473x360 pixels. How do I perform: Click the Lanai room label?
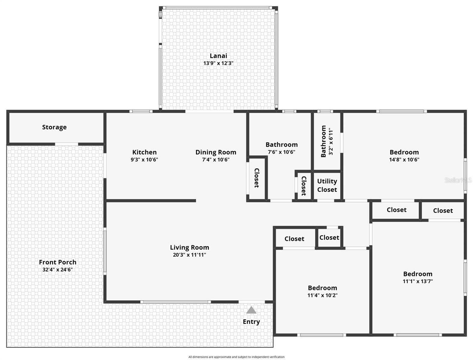(x=218, y=56)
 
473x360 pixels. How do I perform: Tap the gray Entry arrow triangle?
(x=251, y=310)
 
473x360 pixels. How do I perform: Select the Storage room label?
(x=54, y=127)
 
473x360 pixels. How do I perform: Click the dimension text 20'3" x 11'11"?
(x=189, y=255)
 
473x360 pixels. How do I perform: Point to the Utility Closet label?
(x=327, y=185)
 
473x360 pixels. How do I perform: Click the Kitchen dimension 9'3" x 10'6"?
(x=144, y=160)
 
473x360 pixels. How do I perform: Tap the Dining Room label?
(x=216, y=152)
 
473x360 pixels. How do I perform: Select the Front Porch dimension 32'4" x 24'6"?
(x=57, y=270)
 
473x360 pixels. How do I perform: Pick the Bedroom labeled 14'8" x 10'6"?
(x=404, y=152)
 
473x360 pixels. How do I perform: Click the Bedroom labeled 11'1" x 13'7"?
(x=418, y=274)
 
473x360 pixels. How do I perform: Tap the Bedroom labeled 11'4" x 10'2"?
(x=322, y=288)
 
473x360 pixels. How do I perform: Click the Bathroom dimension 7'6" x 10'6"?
(x=281, y=152)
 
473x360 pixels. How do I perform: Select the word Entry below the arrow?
(x=251, y=322)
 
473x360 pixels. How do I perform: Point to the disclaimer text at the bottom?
(x=236, y=357)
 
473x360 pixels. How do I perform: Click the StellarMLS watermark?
(x=458, y=180)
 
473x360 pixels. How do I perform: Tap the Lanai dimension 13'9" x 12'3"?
(x=218, y=63)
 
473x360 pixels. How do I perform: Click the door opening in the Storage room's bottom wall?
(x=66, y=144)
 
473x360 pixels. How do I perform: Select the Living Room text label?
(x=189, y=247)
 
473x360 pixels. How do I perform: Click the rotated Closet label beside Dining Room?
(x=257, y=178)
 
